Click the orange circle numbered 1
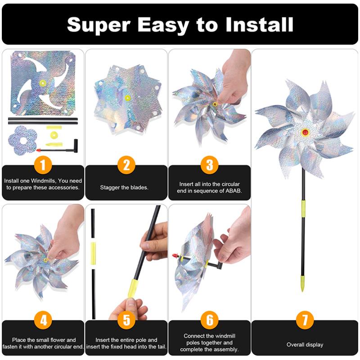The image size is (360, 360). coord(43,165)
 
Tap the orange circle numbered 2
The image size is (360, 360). coord(126,165)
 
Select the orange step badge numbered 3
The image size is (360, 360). coord(209,165)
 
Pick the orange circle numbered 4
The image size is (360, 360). coord(43,320)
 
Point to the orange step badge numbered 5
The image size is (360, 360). coord(126,320)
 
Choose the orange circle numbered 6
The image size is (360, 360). coord(209,320)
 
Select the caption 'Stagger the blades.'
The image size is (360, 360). coord(126,187)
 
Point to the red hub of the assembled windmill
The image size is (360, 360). coord(306,132)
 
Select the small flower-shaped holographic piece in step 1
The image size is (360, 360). coord(22,140)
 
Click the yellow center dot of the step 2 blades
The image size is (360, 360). coord(127,98)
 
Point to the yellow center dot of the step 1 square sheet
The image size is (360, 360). coord(43,83)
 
